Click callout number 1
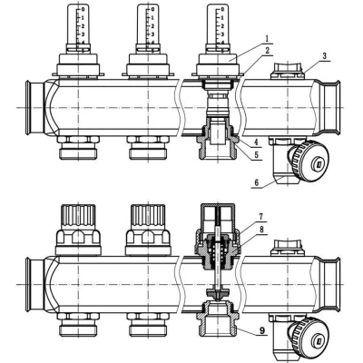[267, 39]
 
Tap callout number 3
[324, 56]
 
